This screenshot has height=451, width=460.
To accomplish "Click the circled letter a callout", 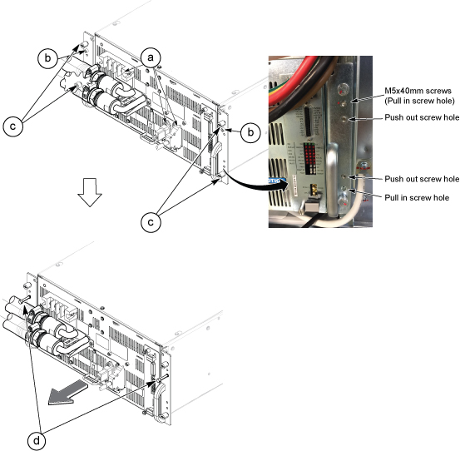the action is (151, 58).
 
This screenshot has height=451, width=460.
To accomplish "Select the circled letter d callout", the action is (37, 441).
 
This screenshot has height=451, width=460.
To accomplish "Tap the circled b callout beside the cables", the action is (47, 58).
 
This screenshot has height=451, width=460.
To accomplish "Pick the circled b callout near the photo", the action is (250, 132).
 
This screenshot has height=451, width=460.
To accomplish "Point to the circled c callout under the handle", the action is (151, 222).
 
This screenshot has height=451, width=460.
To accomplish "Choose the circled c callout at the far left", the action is (12, 126).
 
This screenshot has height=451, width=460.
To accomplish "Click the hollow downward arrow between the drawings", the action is (90, 192).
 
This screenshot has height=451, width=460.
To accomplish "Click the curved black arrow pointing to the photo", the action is (255, 183).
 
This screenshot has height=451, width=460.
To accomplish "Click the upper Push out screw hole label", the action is (422, 117).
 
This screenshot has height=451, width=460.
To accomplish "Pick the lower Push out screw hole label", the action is (422, 179).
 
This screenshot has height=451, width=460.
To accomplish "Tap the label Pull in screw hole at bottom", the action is (417, 198).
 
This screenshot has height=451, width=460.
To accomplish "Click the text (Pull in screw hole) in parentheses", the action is (419, 101).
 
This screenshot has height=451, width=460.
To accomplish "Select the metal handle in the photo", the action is (332, 180).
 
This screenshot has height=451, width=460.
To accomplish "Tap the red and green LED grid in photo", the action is (309, 158).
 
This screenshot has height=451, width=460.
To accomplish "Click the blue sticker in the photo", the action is (276, 181).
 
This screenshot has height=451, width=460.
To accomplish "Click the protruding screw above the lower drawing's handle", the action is (162, 379).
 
